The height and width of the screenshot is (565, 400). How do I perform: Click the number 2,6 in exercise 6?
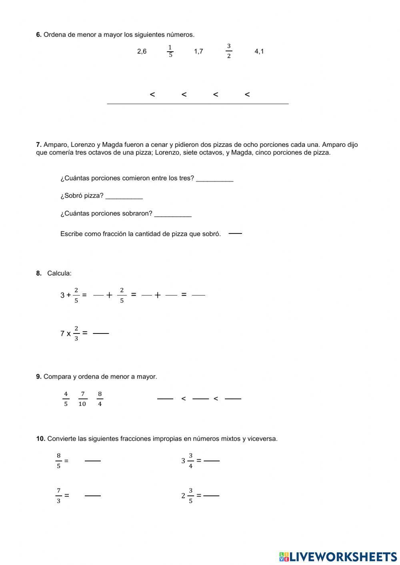pyautogui.click(x=142, y=51)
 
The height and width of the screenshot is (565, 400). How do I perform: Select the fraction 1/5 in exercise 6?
pyautogui.click(x=170, y=51)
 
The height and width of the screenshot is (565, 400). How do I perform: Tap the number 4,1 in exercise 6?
pyautogui.click(x=259, y=51)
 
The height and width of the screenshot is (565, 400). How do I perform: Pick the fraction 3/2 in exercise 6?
pyautogui.click(x=229, y=51)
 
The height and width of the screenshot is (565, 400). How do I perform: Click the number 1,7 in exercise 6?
pyautogui.click(x=198, y=51)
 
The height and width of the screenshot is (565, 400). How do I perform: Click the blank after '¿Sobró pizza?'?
pyautogui.click(x=124, y=196)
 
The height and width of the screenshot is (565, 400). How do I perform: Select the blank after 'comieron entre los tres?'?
pyautogui.click(x=215, y=178)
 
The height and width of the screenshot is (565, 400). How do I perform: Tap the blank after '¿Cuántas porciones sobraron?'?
pyautogui.click(x=173, y=214)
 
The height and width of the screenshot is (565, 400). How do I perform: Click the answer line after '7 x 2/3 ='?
pyautogui.click(x=101, y=333)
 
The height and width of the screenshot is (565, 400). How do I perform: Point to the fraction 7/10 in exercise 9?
pyautogui.click(x=82, y=399)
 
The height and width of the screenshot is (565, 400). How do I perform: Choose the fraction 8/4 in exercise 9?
pyautogui.click(x=100, y=399)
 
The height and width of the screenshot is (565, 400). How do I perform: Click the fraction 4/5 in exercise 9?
pyautogui.click(x=66, y=399)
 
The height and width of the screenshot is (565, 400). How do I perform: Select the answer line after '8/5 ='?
pyautogui.click(x=93, y=461)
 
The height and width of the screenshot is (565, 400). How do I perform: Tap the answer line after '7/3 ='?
pyautogui.click(x=93, y=495)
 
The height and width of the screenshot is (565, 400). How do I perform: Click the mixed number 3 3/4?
pyautogui.click(x=187, y=461)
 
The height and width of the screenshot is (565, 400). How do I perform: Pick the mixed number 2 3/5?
pyautogui.click(x=187, y=495)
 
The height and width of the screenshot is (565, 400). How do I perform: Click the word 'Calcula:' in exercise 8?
pyautogui.click(x=59, y=274)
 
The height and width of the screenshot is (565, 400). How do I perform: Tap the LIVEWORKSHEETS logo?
pyautogui.click(x=338, y=556)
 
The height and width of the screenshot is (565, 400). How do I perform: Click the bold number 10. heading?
pyautogui.click(x=40, y=439)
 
